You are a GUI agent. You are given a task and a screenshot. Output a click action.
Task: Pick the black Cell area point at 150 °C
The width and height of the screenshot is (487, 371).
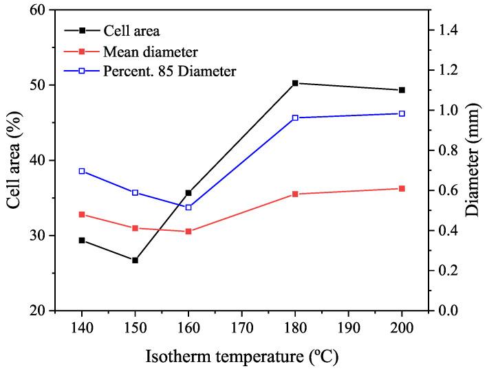click(x=135, y=260)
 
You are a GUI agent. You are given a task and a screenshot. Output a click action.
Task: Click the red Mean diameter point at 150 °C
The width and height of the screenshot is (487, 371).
click(x=135, y=228)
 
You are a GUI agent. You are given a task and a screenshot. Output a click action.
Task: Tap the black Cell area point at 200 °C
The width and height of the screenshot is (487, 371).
click(x=402, y=90)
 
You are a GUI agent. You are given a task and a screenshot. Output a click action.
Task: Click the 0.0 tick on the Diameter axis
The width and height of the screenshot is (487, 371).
click(x=440, y=311)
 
